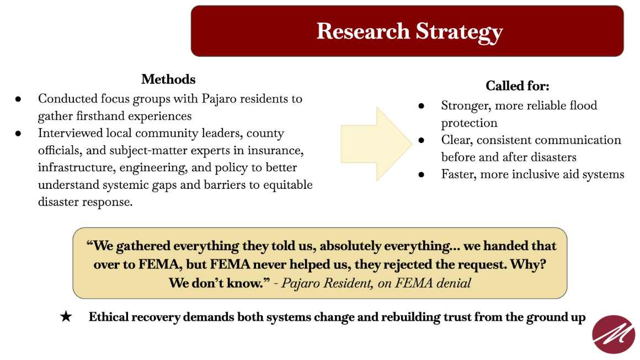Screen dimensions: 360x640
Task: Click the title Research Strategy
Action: pos(409,31)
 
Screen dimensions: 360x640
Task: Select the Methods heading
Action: pos(168,79)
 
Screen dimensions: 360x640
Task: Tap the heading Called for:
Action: pos(517,86)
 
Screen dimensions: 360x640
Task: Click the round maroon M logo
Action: pos(613,335)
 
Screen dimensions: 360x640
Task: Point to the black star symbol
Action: pos(66,317)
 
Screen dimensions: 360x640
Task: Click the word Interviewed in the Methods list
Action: pos(68,134)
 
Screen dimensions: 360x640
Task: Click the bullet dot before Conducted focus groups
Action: pos(18,99)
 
